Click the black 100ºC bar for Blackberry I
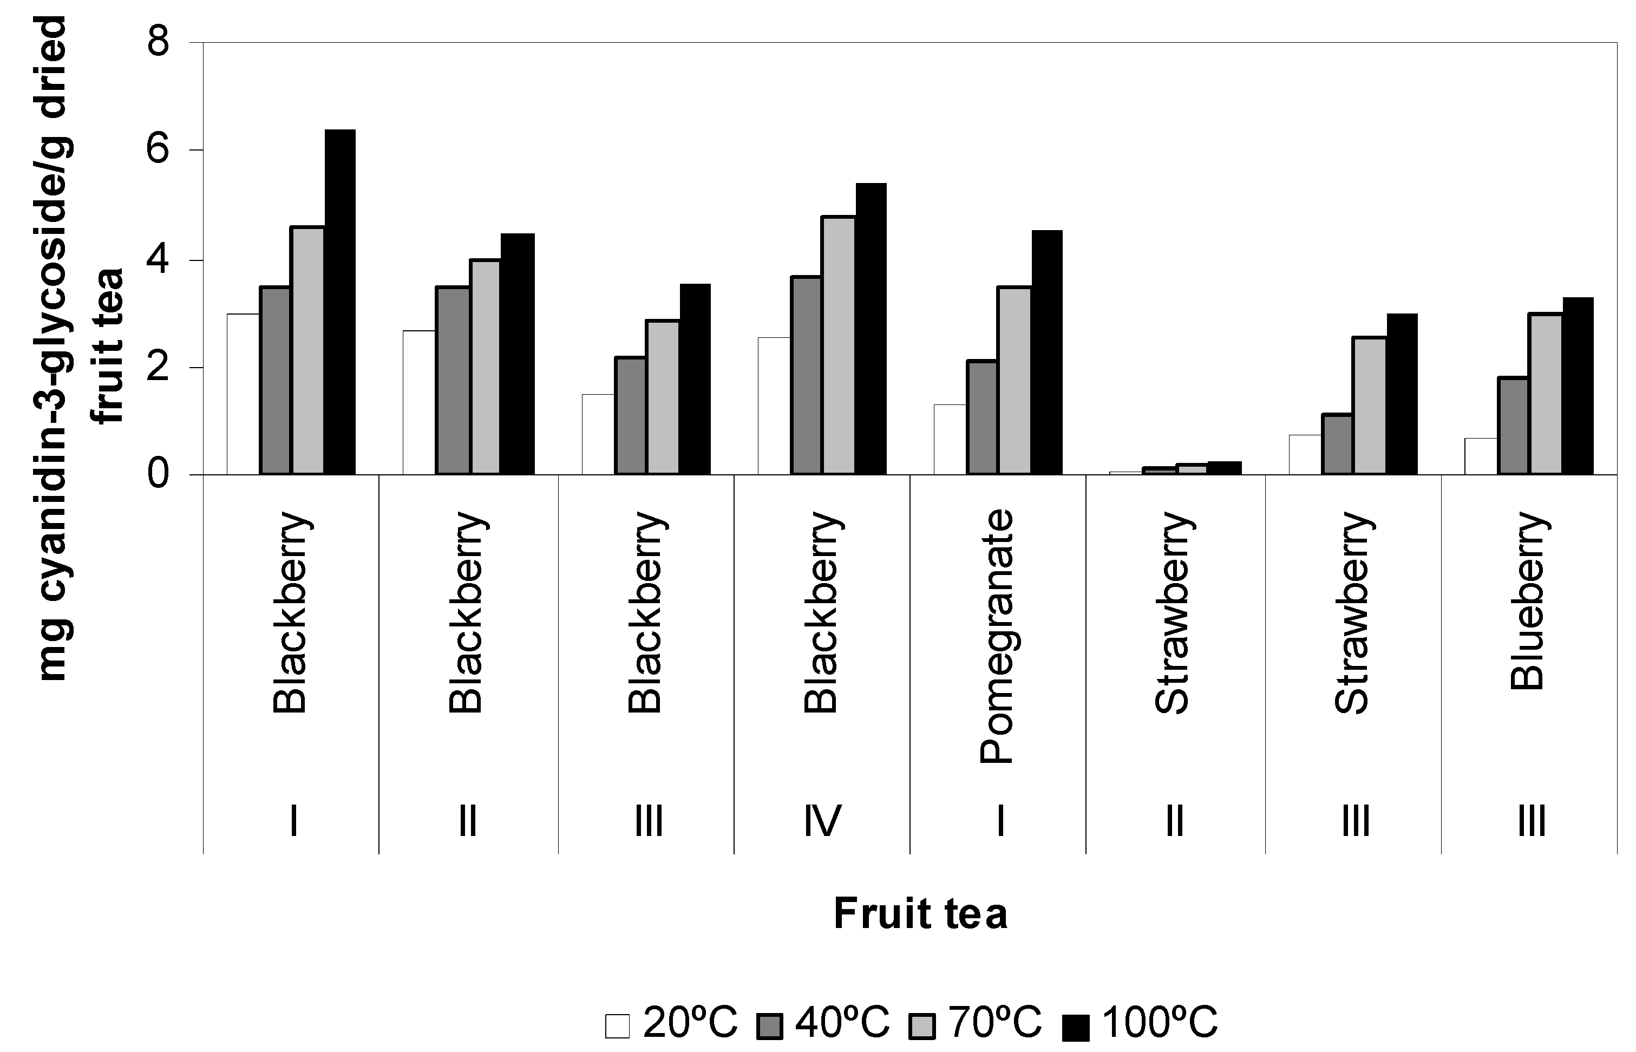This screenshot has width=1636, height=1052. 339,302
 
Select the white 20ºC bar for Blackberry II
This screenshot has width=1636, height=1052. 418,402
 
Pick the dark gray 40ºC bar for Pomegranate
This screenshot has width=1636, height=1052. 981,417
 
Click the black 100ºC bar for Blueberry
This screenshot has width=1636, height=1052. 1578,386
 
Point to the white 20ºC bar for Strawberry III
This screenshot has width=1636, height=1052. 1305,454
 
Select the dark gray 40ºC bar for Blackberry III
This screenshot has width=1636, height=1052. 630,415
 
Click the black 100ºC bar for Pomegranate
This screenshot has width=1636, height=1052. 1046,352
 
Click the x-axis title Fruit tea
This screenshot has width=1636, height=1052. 920,913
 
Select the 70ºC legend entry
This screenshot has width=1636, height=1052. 976,1023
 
